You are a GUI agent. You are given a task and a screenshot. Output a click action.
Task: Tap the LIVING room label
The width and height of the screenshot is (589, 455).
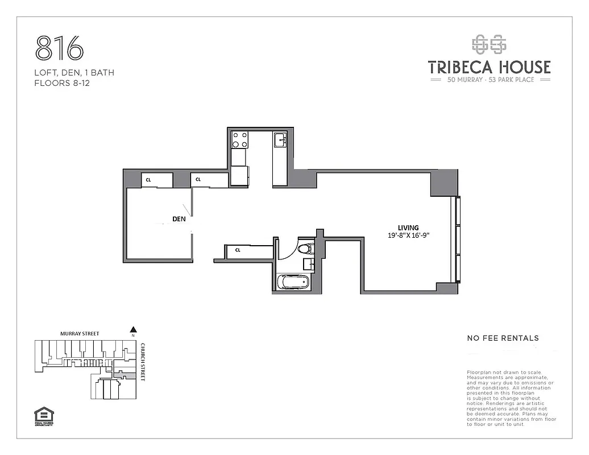coord(408,227)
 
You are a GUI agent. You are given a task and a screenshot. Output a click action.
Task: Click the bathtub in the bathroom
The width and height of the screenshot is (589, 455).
coord(293,282)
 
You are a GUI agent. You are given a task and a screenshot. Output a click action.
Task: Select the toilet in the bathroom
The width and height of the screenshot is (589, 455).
coord(305,248)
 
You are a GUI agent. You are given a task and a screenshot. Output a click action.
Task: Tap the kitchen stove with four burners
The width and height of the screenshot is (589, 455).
coord(239,139)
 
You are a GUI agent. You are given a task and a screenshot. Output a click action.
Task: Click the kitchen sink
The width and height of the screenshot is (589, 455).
coord(281,139)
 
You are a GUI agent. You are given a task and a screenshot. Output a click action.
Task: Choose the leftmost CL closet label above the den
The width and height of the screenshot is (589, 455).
coord(148,180)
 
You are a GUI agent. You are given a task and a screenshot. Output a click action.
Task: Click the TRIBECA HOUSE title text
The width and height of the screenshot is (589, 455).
coord(489,67)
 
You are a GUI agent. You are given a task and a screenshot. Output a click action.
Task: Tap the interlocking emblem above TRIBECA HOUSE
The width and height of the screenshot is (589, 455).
coord(489,44)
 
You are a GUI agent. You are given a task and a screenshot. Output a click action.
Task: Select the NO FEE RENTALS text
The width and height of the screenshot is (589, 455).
coord(503,338)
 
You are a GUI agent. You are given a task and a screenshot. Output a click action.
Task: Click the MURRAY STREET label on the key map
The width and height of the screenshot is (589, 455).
coord(80,333)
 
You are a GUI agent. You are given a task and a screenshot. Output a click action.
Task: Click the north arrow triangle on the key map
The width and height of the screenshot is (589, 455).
coord(133,329)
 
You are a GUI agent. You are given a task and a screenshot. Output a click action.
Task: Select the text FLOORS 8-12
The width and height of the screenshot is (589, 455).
coord(62,83)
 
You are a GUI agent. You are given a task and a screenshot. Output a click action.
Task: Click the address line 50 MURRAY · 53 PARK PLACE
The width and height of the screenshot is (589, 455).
coord(489,80)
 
